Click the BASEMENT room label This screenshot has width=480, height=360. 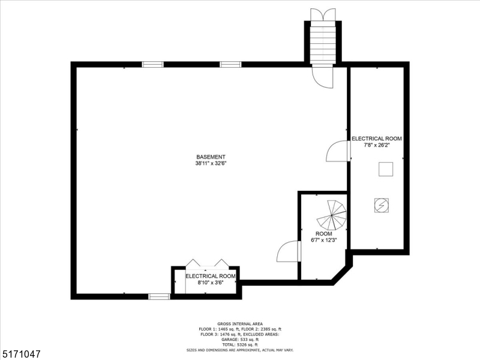click(x=210, y=157)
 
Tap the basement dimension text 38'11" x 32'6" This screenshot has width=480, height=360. click(x=210, y=163)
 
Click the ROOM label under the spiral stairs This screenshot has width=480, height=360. click(x=323, y=234)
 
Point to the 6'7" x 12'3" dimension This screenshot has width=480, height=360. click(x=323, y=240)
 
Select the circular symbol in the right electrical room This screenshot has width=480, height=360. click(x=379, y=205)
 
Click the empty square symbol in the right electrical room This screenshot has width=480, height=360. click(x=385, y=170)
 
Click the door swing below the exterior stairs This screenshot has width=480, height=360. click(x=323, y=76)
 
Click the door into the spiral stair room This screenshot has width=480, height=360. click(x=288, y=252)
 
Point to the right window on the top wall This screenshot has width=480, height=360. click(x=230, y=64)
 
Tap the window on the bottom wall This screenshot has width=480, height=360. click(x=159, y=296)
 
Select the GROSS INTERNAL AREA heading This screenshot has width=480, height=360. click(x=240, y=324)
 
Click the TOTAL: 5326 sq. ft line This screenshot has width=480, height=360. click(x=240, y=344)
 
